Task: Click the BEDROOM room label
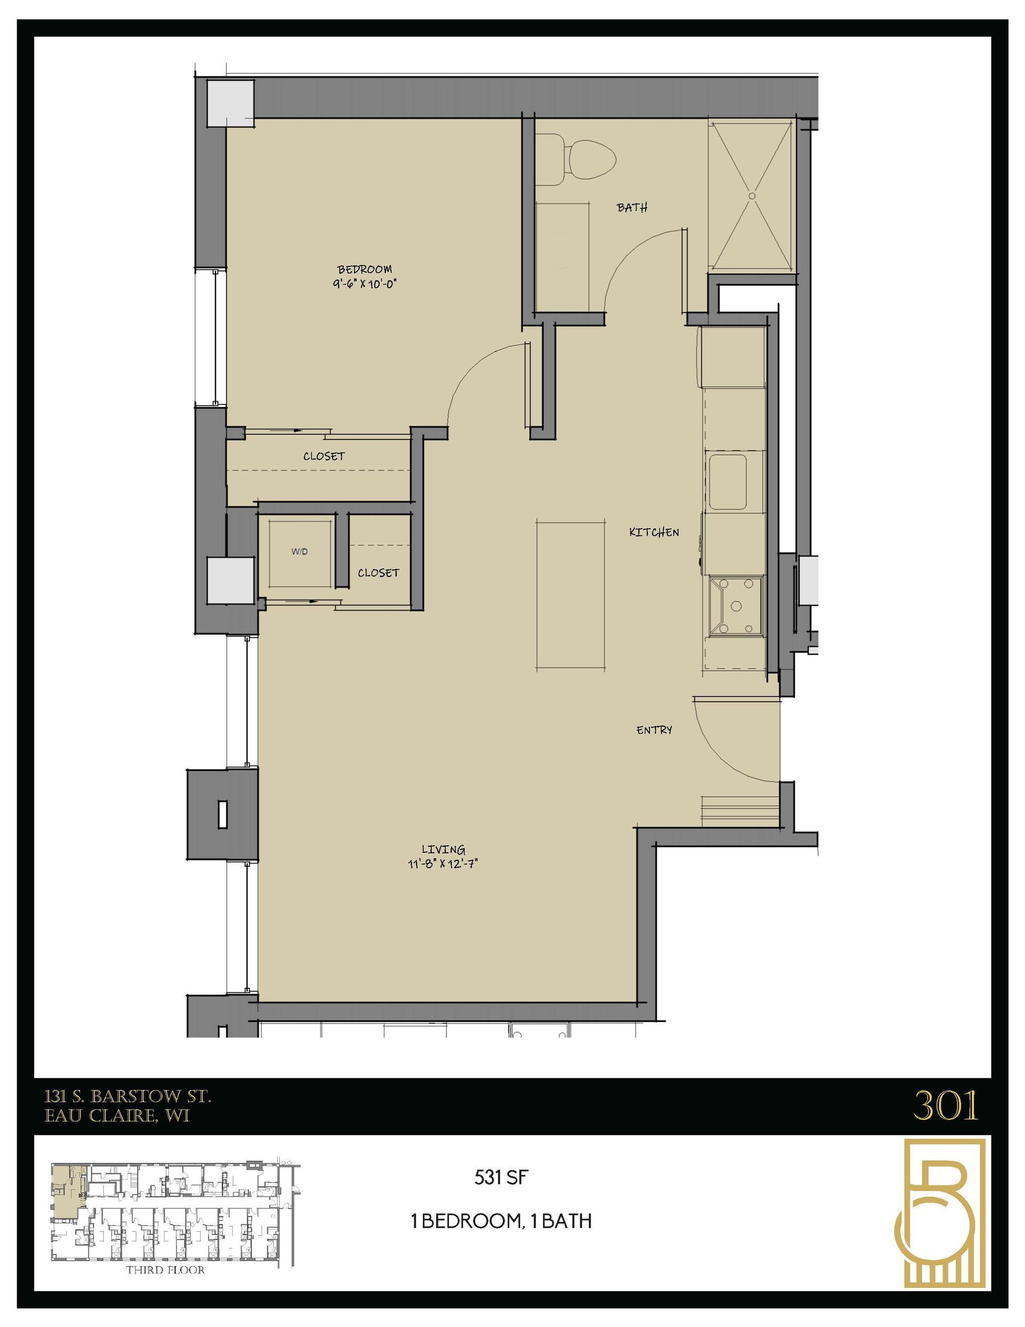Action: [365, 269]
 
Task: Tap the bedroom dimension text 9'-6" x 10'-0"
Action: [365, 284]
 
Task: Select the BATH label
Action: [632, 208]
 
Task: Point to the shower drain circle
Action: [752, 195]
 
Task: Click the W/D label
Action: [299, 552]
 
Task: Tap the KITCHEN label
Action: [654, 532]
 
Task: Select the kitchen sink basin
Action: [727, 482]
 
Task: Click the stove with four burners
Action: [736, 606]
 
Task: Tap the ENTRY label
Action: [654, 730]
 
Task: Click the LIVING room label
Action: [444, 850]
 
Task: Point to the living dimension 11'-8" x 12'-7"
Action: [444, 865]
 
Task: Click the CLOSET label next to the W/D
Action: [378, 573]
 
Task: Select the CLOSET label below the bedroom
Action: [324, 457]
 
